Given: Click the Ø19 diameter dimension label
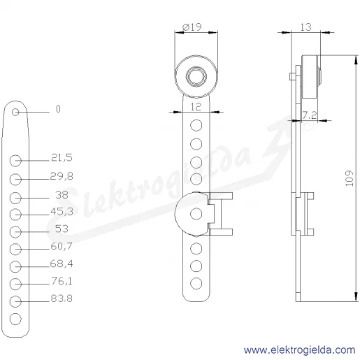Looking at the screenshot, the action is point(192,27).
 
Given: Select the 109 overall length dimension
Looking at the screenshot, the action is point(350,178).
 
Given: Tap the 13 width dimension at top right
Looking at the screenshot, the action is point(305,27).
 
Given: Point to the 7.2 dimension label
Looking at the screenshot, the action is point(310,115).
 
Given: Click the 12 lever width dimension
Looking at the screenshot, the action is point(196,107).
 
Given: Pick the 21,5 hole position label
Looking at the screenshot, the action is point(62,158).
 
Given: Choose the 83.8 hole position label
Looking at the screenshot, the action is point(62,298).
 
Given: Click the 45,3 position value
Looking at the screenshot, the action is point(62,211).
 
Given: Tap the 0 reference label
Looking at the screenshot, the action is point(58,109).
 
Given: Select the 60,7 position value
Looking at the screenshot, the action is point(62,246).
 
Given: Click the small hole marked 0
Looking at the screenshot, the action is point(15,112).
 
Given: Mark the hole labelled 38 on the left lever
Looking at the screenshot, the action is point(15,198).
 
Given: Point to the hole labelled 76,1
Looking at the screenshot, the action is point(15,284).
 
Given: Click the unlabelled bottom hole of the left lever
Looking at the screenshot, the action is point(15,319).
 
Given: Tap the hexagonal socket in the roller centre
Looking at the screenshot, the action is point(196,76).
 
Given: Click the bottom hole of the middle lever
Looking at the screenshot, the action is point(196,284).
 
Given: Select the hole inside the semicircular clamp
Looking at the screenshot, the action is point(196,214).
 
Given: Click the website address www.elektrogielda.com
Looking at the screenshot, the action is point(299,350).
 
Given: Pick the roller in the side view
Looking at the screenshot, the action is point(310,77).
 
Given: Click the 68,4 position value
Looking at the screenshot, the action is point(62,264).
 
